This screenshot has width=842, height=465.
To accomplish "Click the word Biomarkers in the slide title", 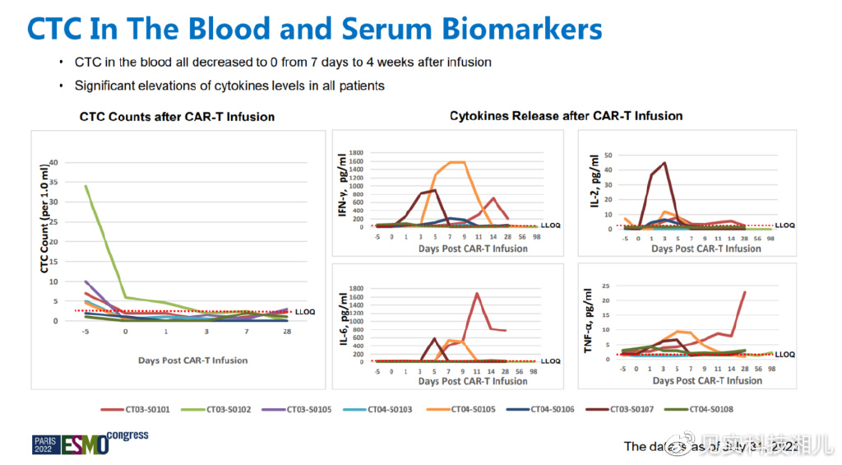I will point(523,29).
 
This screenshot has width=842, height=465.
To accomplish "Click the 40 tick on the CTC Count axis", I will point(53,162).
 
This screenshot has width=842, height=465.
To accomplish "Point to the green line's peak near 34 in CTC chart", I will point(86,186).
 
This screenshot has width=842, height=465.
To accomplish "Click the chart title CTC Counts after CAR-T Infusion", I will point(177,117).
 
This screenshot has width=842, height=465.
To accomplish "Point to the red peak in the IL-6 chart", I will point(477,294).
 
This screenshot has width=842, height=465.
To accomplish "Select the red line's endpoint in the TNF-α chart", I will point(745,292).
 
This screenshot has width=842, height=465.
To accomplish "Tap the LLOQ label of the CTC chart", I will point(303,312).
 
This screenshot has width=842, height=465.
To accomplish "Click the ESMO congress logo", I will point(90,442).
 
